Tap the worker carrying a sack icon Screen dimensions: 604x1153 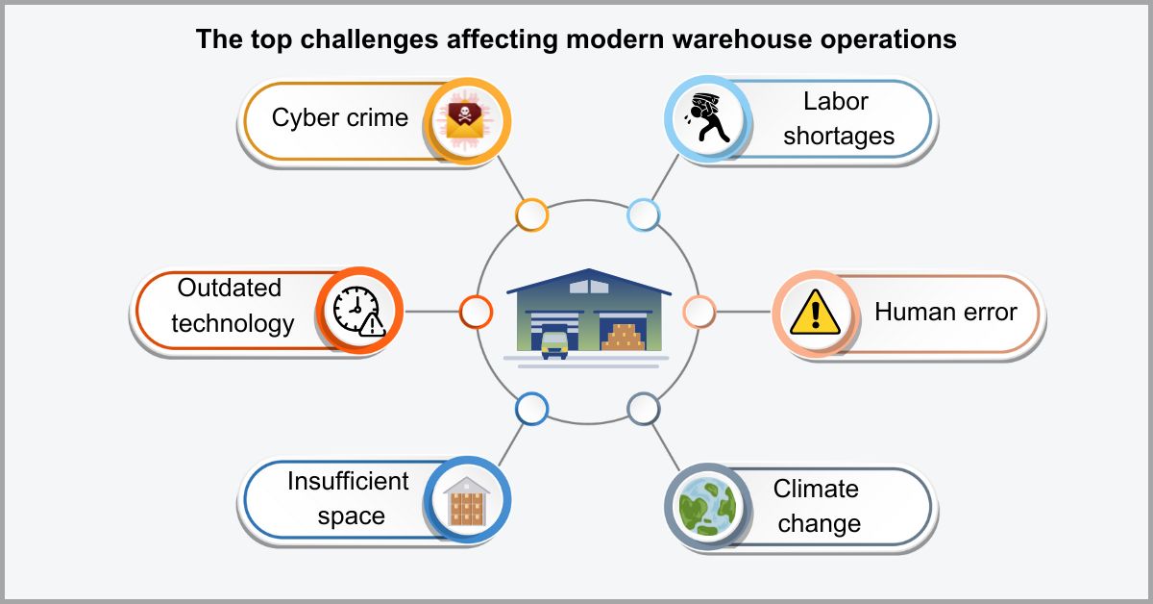tap(706, 119)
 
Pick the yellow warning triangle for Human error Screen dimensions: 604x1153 tap(815, 312)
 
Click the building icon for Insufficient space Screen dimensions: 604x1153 tap(467, 500)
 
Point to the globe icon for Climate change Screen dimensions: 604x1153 tap(706, 504)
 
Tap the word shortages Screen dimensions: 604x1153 tap(838, 136)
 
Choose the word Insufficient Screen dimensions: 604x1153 tap(348, 481)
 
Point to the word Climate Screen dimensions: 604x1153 tap(816, 489)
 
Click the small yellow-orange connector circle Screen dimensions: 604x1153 tap(531, 214)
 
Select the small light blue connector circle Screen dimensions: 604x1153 tap(643, 214)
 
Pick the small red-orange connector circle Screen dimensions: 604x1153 tap(476, 311)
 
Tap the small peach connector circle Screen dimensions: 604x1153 tap(699, 311)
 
